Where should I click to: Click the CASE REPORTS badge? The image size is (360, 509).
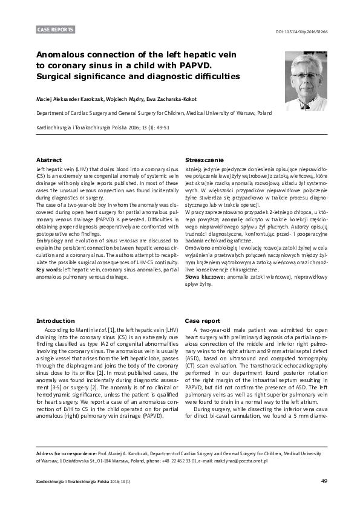pyautogui.click(x=56, y=29)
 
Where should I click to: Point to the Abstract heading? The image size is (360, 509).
pyautogui.click(x=49, y=160)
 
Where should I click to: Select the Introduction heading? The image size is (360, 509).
pyautogui.click(x=56, y=320)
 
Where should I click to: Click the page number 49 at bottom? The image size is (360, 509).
pyautogui.click(x=324, y=481)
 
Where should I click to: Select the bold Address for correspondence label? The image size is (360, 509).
pyautogui.click(x=67, y=453)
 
